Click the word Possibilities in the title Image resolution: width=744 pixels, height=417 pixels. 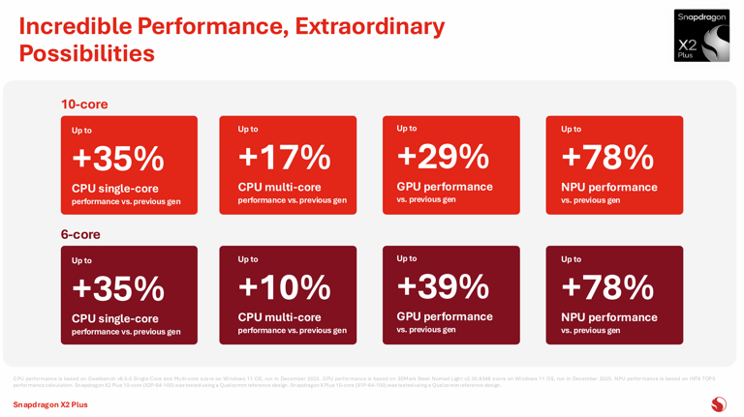[x=86, y=54]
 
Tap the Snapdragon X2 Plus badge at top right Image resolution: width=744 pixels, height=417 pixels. [x=701, y=36]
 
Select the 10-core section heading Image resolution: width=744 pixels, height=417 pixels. [x=84, y=104]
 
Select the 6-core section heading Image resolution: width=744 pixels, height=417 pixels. [x=80, y=234]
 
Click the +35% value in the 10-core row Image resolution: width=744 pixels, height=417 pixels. [x=117, y=159]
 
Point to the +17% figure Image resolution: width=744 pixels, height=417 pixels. [x=284, y=158]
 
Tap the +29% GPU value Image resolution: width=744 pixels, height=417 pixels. [x=443, y=156]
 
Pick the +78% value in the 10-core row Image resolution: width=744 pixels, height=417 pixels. [x=607, y=157]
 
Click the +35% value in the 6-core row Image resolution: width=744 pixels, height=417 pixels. [x=117, y=288]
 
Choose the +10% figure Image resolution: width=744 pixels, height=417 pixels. [x=284, y=287]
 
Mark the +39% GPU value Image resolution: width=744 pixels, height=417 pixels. [x=443, y=286]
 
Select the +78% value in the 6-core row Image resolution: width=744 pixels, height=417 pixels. [x=607, y=287]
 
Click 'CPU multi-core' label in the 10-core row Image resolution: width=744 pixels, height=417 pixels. [x=279, y=187]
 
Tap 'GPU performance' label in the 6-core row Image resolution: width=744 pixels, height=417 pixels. [x=444, y=316]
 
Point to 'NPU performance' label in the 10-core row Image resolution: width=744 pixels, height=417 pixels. [x=608, y=187]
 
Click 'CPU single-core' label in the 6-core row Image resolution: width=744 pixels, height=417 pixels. [x=114, y=318]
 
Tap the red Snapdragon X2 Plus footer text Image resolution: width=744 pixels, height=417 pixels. [x=50, y=404]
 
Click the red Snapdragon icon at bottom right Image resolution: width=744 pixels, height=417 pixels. [x=718, y=404]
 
